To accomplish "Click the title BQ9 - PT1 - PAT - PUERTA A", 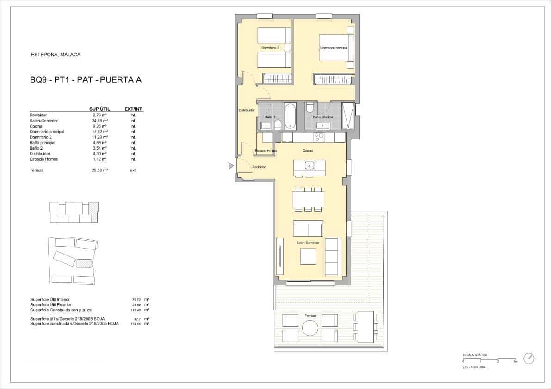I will (x=85, y=80).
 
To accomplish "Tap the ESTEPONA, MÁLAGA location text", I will (x=56, y=55).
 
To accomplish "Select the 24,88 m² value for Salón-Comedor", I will (x=99, y=120).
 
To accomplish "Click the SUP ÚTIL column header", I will (x=99, y=109).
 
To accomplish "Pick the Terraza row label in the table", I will (x=37, y=170).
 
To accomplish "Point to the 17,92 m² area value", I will (x=99, y=131).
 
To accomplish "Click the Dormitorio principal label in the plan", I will (x=334, y=48).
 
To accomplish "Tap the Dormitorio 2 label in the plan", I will (x=270, y=48).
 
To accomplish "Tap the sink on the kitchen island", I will (x=309, y=165).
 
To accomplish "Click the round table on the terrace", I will (x=310, y=328).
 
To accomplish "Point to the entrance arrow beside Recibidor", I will (x=231, y=166).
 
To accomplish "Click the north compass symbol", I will (x=529, y=359).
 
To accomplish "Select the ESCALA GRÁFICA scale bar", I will (x=489, y=359).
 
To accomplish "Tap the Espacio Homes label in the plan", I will (x=266, y=151).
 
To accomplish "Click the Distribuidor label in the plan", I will (x=247, y=110).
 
